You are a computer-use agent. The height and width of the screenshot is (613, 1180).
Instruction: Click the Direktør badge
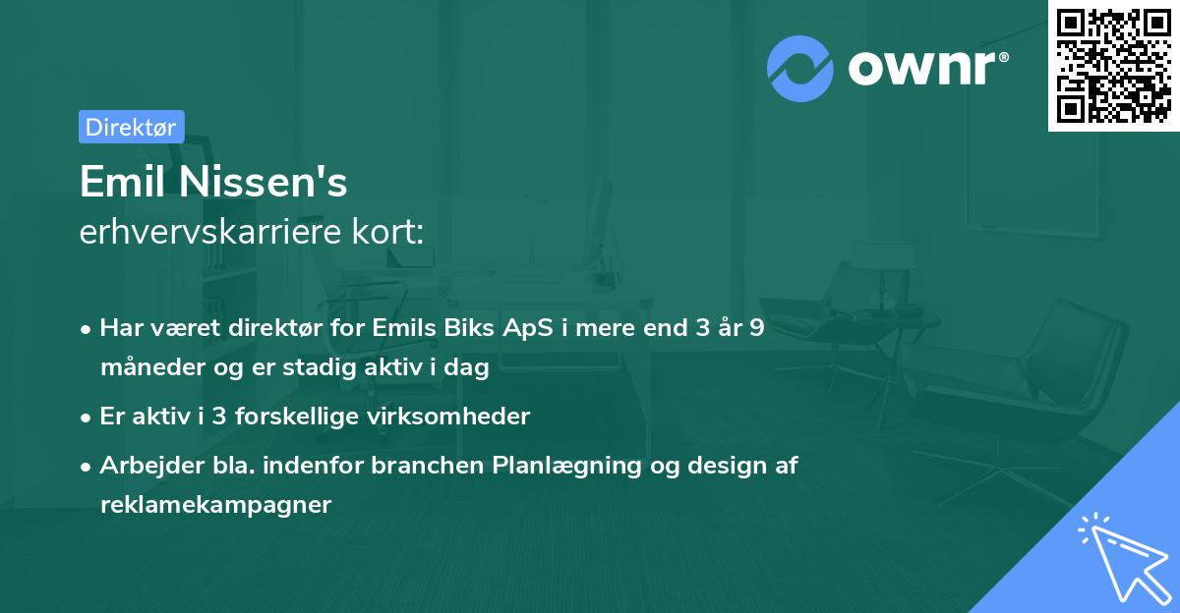tap(132, 127)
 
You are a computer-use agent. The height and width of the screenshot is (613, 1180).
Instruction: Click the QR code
tap(1113, 66)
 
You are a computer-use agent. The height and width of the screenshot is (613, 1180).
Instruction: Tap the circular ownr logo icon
tap(800, 69)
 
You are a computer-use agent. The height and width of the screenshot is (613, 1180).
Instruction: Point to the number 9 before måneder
tap(756, 328)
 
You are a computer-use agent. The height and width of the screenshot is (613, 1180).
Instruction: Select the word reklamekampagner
tap(216, 505)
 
